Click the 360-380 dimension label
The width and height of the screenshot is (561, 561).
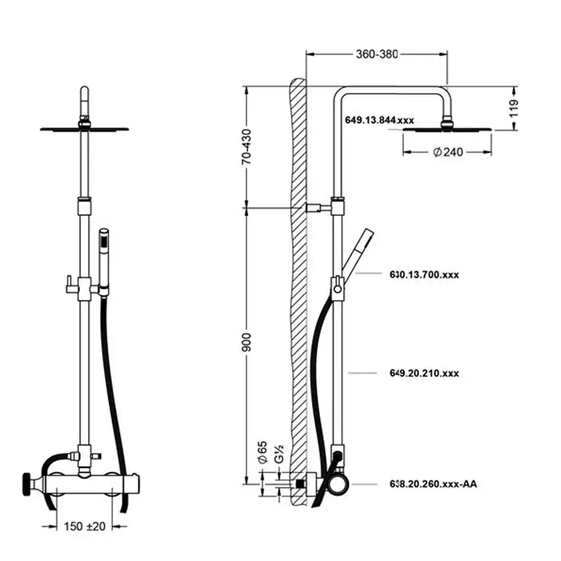click(377, 54)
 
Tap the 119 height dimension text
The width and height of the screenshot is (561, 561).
click(514, 108)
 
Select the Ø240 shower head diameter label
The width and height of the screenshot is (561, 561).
click(448, 152)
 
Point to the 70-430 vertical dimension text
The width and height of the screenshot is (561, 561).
click(246, 146)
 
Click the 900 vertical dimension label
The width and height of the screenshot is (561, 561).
click(246, 342)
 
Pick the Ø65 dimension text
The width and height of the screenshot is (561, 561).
click(263, 452)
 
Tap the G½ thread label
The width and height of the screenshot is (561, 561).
click(279, 454)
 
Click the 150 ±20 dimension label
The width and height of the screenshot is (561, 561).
click(85, 526)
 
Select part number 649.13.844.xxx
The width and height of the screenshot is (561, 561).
click(379, 120)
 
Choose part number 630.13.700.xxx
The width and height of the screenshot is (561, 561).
click(424, 275)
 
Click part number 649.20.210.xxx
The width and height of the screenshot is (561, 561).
click(424, 373)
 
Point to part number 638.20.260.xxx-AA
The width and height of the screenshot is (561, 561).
click(433, 484)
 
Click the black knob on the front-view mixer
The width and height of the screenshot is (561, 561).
click(27, 485)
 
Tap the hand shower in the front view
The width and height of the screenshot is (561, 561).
click(104, 261)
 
